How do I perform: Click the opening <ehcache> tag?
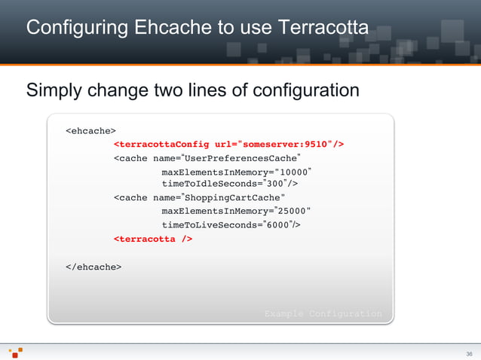(90, 130)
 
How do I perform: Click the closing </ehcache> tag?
(93, 266)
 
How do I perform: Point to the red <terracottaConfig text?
(162, 144)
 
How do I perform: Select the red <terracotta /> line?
(153, 239)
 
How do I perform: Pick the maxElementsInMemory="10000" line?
(237, 172)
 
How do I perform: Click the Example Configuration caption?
(323, 313)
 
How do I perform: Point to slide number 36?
(469, 354)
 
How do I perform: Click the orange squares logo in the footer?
(16, 352)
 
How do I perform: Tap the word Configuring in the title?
(69, 29)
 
